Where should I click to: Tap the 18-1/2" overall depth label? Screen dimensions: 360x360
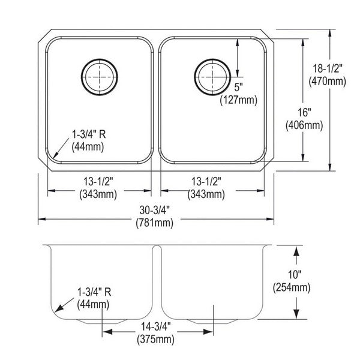point(328,68)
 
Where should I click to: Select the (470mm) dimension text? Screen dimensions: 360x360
point(327,81)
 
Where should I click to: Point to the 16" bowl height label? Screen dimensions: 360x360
point(304,113)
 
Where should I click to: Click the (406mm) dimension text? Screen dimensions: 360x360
point(304,125)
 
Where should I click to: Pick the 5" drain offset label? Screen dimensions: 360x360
point(239,87)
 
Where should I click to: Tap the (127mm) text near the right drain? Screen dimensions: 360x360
point(239,100)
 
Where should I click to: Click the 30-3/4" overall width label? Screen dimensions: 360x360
point(155,210)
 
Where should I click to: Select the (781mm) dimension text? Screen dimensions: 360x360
point(155,223)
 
